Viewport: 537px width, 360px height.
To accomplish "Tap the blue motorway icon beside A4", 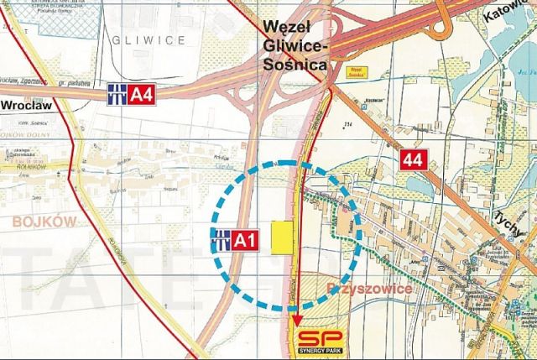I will pos(118,95).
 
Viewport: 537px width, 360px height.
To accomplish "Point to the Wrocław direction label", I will pos(29,107).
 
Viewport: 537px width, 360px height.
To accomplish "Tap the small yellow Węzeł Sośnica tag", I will pos(355,73).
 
